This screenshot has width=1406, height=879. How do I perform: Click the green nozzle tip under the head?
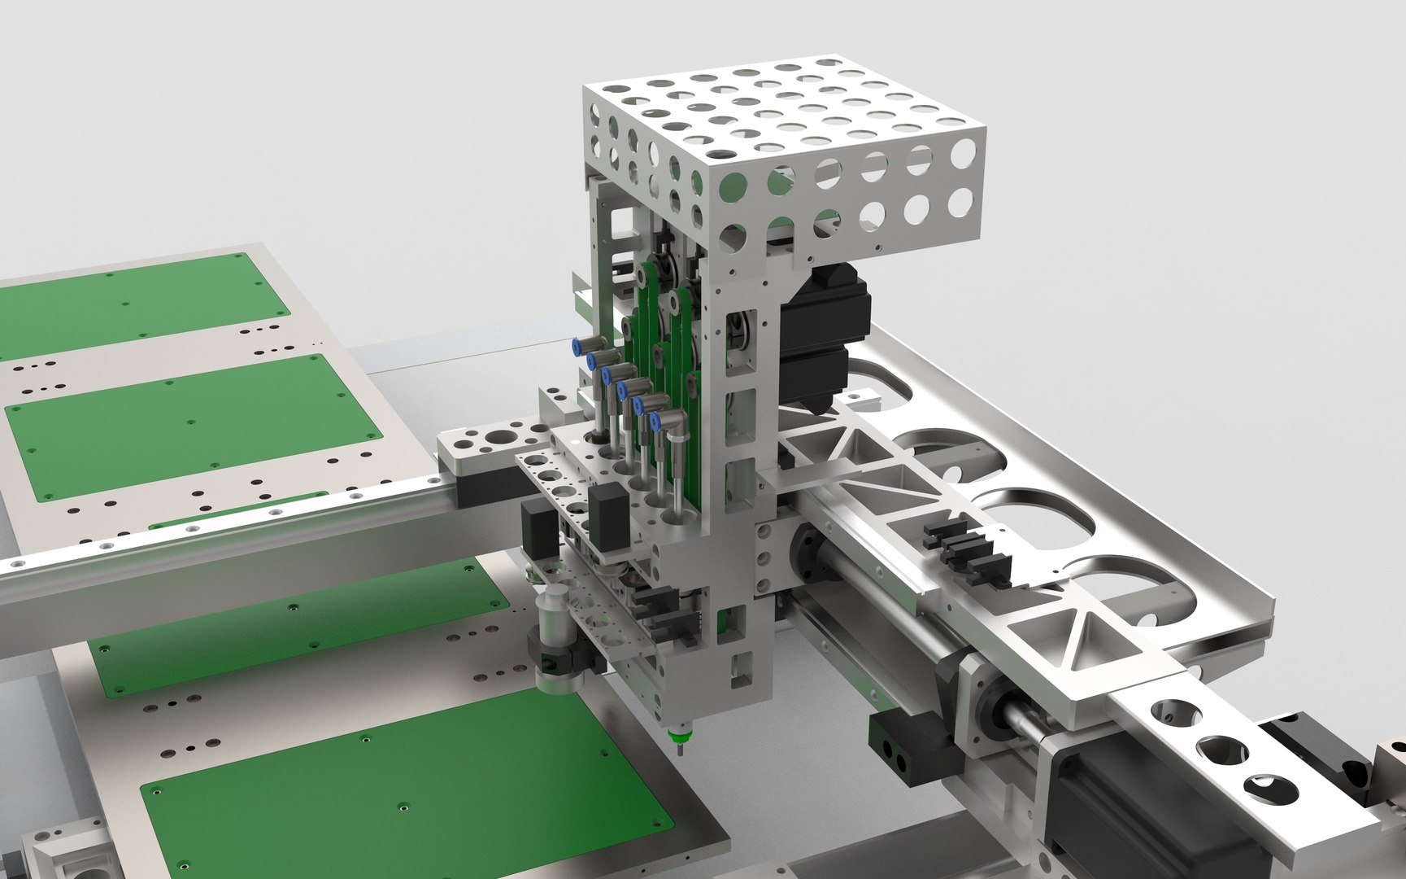[x=674, y=738]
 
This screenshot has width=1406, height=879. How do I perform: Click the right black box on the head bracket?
[x=607, y=514]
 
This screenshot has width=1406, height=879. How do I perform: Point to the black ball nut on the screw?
[x=813, y=553]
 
